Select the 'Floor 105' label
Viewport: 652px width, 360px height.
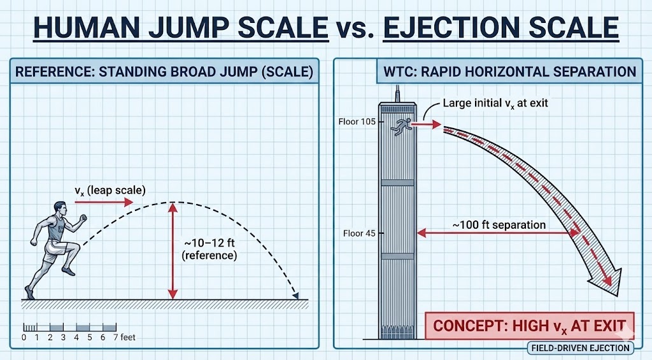pos(359,121)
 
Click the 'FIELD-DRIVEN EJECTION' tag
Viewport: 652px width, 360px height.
pos(581,348)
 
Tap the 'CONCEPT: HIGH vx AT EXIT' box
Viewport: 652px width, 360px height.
pos(530,326)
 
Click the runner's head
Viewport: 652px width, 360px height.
pos(60,208)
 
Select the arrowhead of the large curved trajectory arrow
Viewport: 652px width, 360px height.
pos(612,281)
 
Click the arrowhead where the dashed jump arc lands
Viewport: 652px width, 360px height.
pos(295,294)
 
